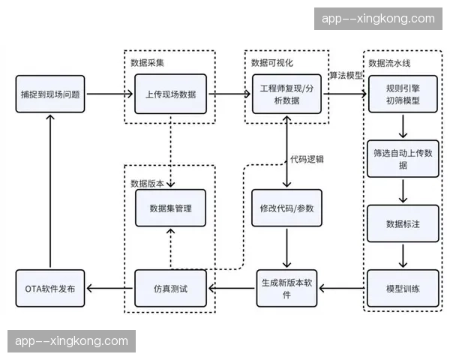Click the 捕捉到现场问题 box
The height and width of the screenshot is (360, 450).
[x=49, y=94]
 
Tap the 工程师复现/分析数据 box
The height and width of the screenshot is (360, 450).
[x=287, y=94]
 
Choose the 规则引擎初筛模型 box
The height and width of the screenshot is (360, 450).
[x=402, y=94]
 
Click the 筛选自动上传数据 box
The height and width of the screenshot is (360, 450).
[x=402, y=158]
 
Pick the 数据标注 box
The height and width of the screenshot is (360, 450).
[x=402, y=223]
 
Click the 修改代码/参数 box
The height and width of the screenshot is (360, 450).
[x=287, y=208]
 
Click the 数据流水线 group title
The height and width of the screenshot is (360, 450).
[x=390, y=61]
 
